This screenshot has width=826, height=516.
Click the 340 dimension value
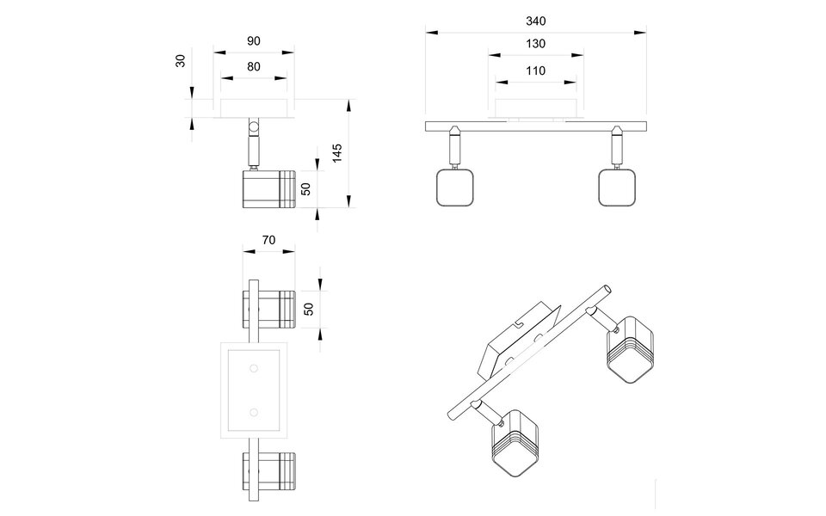[534, 21]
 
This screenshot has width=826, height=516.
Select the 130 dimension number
[534, 44]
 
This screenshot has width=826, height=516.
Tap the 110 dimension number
[534, 72]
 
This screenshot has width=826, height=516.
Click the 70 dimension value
[268, 241]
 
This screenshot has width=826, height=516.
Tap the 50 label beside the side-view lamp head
[304, 188]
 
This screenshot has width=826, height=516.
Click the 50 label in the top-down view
[309, 308]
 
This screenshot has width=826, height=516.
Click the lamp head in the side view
[268, 188]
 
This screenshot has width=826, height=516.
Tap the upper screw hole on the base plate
[254, 368]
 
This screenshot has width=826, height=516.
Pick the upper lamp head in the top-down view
[268, 309]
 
